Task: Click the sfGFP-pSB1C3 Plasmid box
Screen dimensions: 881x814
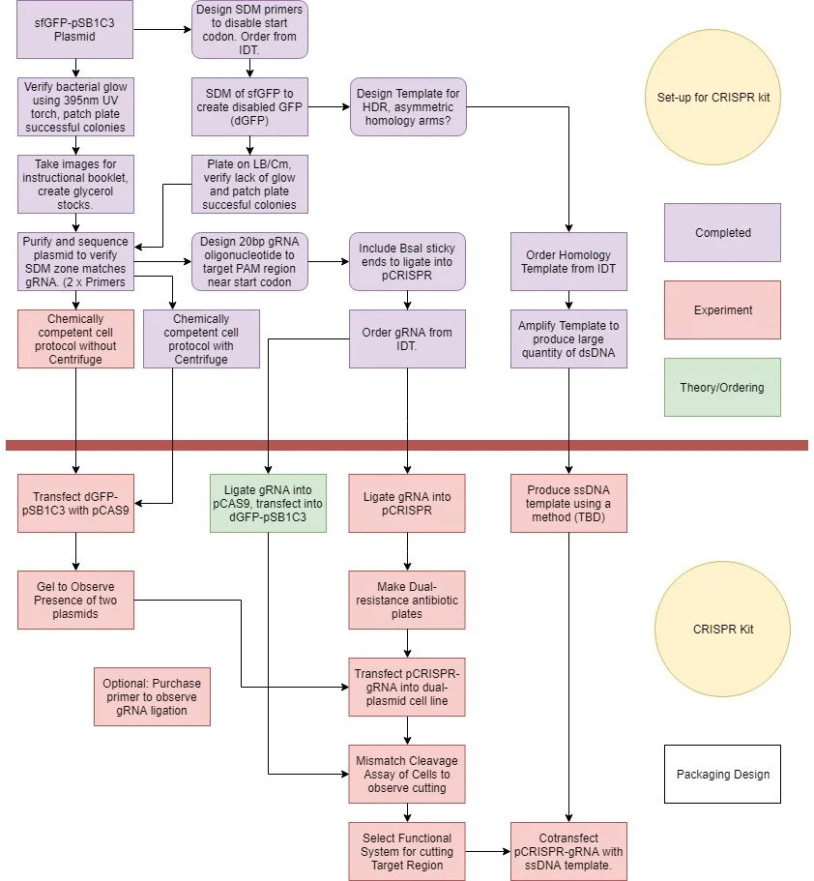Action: point(75,29)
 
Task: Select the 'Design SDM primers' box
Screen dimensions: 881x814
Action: point(250,29)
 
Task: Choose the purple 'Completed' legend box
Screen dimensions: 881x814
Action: point(721,233)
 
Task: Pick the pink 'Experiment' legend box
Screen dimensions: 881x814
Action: point(721,310)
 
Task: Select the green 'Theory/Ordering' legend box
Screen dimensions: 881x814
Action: point(721,387)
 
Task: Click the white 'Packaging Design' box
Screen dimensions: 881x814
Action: point(721,774)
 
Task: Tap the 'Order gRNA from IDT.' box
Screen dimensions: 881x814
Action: point(406,338)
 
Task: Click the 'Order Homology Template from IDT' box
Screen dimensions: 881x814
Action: point(568,261)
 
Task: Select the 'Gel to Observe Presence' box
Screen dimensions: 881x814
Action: point(75,600)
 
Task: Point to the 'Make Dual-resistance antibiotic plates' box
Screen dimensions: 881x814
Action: point(406,600)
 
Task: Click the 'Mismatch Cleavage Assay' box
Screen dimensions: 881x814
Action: point(406,774)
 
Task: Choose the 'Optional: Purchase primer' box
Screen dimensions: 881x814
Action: point(152,696)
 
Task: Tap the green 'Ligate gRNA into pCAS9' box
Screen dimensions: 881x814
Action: point(269,503)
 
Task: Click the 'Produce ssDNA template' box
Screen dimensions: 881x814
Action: point(568,503)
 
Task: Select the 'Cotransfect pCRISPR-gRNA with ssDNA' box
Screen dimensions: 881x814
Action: point(568,851)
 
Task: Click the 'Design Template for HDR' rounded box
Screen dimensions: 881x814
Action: point(407,106)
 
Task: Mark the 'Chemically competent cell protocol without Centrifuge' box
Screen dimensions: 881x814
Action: point(75,338)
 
